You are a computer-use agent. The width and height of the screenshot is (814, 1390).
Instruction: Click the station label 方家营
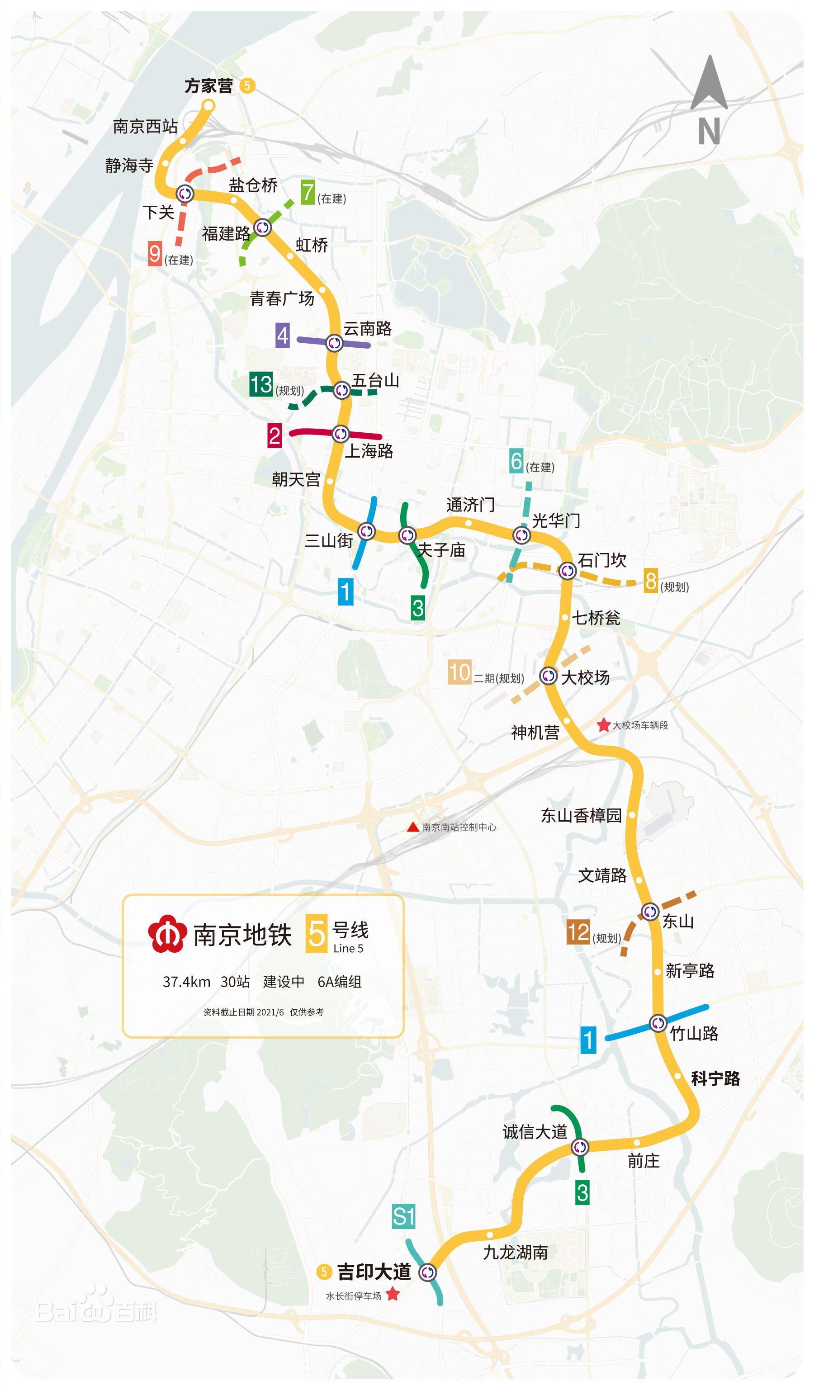pyautogui.click(x=208, y=86)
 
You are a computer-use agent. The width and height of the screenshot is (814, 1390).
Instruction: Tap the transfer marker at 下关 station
pyautogui.click(x=185, y=194)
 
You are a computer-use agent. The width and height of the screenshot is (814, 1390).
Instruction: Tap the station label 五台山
pyautogui.click(x=375, y=381)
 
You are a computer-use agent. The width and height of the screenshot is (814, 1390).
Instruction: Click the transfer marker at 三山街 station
pyautogui.click(x=367, y=531)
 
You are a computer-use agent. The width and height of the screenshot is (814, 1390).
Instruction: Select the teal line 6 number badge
pyautogui.click(x=516, y=461)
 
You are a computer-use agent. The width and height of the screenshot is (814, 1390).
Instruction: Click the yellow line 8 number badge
pyautogui.click(x=651, y=581)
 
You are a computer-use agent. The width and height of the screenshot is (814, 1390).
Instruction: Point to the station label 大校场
pyautogui.click(x=585, y=677)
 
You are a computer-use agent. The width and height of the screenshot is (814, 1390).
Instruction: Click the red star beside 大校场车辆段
pyautogui.click(x=603, y=725)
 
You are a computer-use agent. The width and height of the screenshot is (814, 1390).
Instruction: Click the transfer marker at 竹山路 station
pyautogui.click(x=658, y=1023)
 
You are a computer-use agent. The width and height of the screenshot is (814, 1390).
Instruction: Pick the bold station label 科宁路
pyautogui.click(x=715, y=1078)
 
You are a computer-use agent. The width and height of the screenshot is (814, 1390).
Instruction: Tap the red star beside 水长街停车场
pyautogui.click(x=393, y=1294)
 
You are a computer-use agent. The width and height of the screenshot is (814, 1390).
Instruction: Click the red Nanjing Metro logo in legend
pyautogui.click(x=166, y=934)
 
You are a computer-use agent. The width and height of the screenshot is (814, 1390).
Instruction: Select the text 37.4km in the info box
pyautogui.click(x=186, y=982)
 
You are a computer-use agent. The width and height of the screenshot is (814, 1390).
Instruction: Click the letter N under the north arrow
pyautogui.click(x=709, y=131)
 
